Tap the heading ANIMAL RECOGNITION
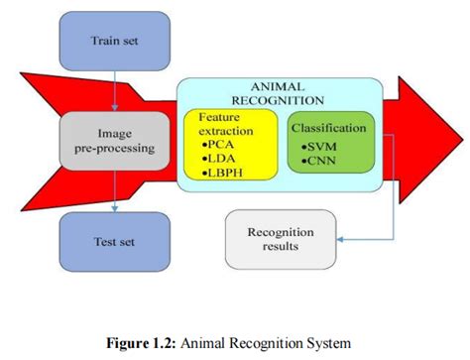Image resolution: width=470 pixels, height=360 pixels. click(x=277, y=93)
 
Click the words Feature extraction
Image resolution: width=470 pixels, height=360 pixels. click(x=225, y=123)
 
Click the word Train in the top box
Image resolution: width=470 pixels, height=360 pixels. click(x=103, y=41)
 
